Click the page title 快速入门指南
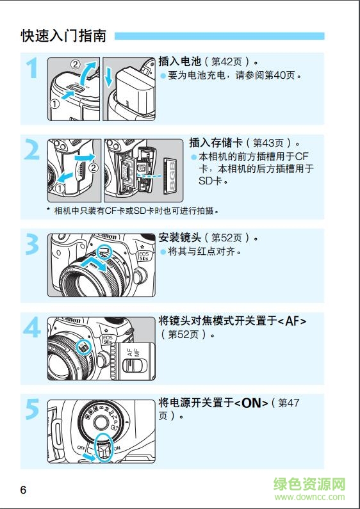(64, 36)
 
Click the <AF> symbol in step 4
(292, 320)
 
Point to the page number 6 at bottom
(23, 490)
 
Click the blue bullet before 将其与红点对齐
(163, 252)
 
